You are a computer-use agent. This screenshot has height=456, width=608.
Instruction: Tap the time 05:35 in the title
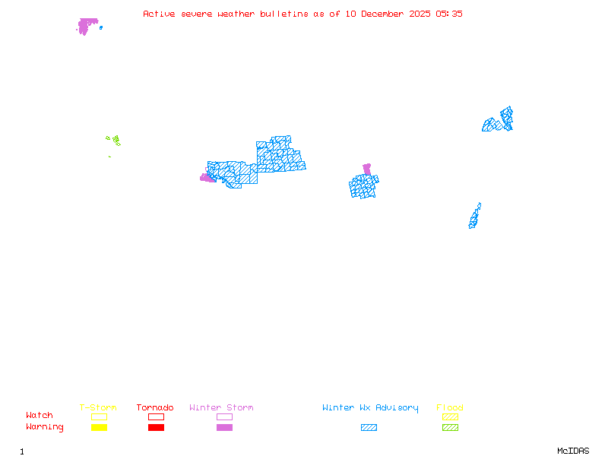coord(449,14)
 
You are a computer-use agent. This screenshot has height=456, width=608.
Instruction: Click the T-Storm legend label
coord(98,408)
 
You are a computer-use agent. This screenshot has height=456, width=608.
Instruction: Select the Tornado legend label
coord(155,408)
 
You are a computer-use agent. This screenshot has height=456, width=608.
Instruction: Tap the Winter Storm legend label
coord(221,408)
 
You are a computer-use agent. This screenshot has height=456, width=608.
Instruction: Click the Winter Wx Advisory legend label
coord(370,408)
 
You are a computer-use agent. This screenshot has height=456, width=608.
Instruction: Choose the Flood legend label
coord(450,408)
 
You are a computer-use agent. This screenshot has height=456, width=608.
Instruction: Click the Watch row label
coord(40,416)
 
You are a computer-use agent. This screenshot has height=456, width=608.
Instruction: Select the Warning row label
coord(45,427)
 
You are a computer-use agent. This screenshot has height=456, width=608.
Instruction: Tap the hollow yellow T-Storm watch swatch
coord(99,416)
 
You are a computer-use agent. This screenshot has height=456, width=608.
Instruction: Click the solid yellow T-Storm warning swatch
coord(99,428)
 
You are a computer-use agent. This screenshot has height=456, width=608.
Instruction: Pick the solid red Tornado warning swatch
coord(156,428)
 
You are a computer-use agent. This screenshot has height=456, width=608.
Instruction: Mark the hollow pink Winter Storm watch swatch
coord(224,416)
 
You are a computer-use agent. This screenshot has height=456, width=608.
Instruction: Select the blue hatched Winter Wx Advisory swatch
coord(369,428)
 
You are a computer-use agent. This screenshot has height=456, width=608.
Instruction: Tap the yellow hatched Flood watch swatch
coord(450,416)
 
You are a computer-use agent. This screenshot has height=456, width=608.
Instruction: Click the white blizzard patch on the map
coord(482,207)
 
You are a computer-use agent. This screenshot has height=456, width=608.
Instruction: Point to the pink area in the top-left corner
coord(87,25)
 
